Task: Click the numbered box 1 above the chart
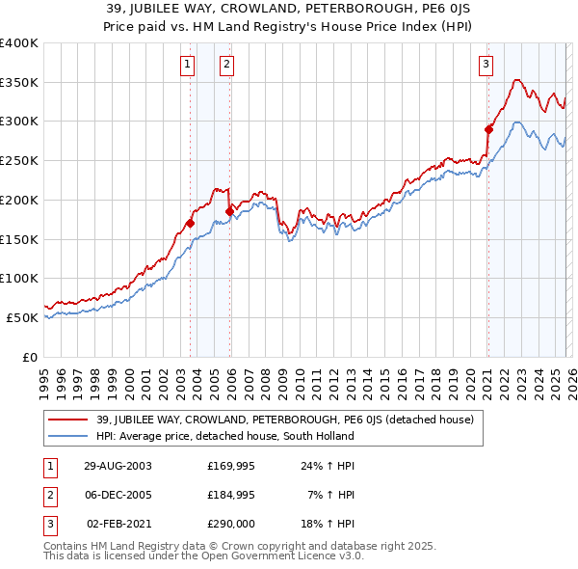coord(186,65)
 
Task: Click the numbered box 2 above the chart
coord(225,65)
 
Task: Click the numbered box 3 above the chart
coord(486,65)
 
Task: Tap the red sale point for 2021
coord(488,128)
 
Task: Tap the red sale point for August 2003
coord(190,223)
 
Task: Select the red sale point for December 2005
coord(229,211)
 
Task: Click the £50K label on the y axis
coord(22,317)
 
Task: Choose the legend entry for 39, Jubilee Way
coord(284,420)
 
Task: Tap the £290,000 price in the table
coord(231,525)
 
